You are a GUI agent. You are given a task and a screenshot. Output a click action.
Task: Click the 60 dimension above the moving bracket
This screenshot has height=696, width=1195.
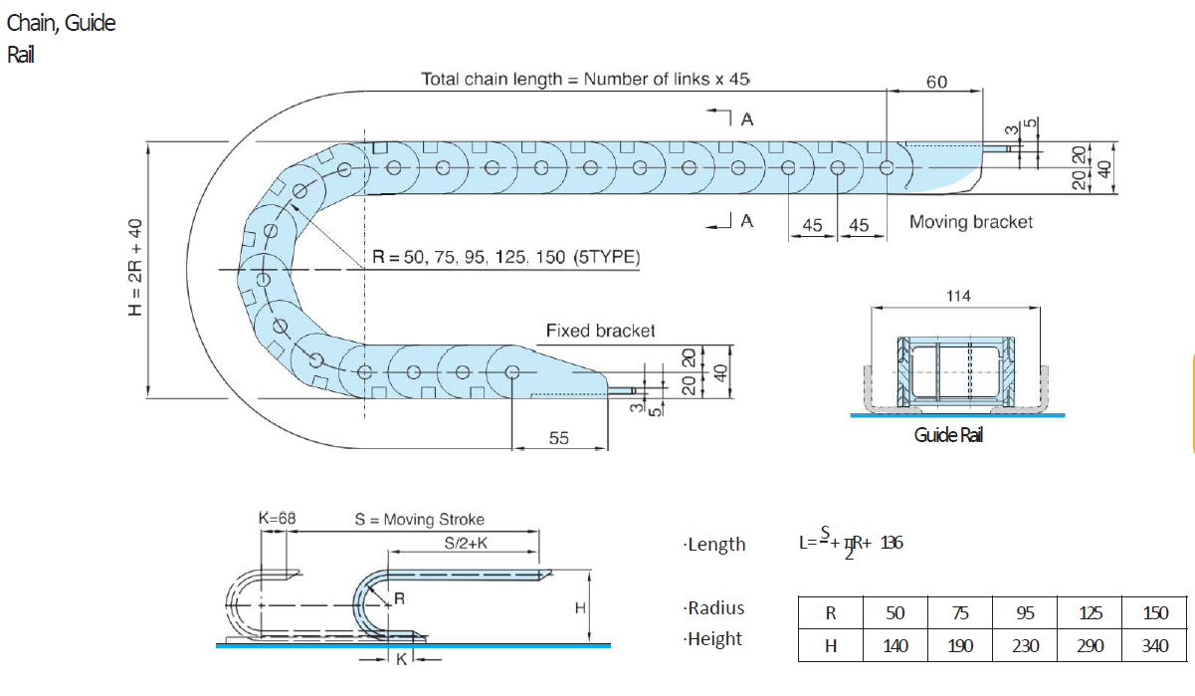pos(936,82)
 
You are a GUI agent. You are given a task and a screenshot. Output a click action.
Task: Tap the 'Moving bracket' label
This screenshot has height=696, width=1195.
pos(970,222)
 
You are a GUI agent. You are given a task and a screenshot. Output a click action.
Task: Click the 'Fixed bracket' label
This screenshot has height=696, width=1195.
pos(600,331)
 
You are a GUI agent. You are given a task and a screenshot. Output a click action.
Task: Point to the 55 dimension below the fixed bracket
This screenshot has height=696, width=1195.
pos(559,437)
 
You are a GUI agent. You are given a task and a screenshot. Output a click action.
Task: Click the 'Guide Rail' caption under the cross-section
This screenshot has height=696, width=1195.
pos(948,435)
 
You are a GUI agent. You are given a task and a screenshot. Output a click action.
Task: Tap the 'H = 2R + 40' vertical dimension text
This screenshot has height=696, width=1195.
pos(136,268)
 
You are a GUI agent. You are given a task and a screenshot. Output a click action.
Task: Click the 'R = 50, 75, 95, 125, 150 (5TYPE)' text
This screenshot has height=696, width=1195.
pos(505,257)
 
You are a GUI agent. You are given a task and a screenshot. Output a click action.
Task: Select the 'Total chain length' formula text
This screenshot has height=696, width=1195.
pos(584,79)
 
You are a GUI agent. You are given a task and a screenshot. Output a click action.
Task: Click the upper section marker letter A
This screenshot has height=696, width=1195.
pos(747,118)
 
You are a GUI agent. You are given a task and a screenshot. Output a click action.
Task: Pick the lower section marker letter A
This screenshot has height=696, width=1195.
pos(746,221)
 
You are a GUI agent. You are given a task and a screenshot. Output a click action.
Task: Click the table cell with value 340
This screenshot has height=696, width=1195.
pos(1154,645)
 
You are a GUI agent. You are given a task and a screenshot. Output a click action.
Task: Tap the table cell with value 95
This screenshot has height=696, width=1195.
pos(1025,613)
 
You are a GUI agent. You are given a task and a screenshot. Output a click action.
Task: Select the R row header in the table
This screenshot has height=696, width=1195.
pos(830,613)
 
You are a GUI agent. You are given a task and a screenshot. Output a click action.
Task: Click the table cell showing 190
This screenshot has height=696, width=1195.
pos(959,645)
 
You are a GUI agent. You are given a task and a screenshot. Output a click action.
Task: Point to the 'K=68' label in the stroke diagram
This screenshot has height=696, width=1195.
pos(277,519)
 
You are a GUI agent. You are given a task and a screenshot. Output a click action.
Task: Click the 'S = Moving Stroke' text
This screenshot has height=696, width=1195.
pos(419,519)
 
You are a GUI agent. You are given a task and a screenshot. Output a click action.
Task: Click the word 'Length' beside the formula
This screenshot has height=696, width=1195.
pos(716,544)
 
